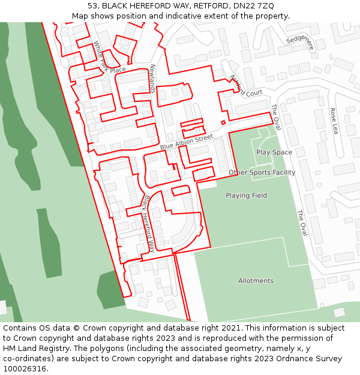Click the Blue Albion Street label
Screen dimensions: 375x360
[x=187, y=142]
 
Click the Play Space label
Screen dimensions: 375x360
[x=274, y=152]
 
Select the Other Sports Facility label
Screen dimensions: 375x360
[x=262, y=173]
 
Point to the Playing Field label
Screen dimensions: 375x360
[x=246, y=196]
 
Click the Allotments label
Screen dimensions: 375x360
[x=256, y=281]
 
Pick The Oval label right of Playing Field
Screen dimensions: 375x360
[x=301, y=223]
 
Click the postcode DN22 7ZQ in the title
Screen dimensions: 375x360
[x=254, y=6]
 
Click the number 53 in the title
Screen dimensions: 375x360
[x=92, y=6]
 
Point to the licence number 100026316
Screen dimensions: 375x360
[x=25, y=369]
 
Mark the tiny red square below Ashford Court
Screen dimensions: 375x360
[x=223, y=122]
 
